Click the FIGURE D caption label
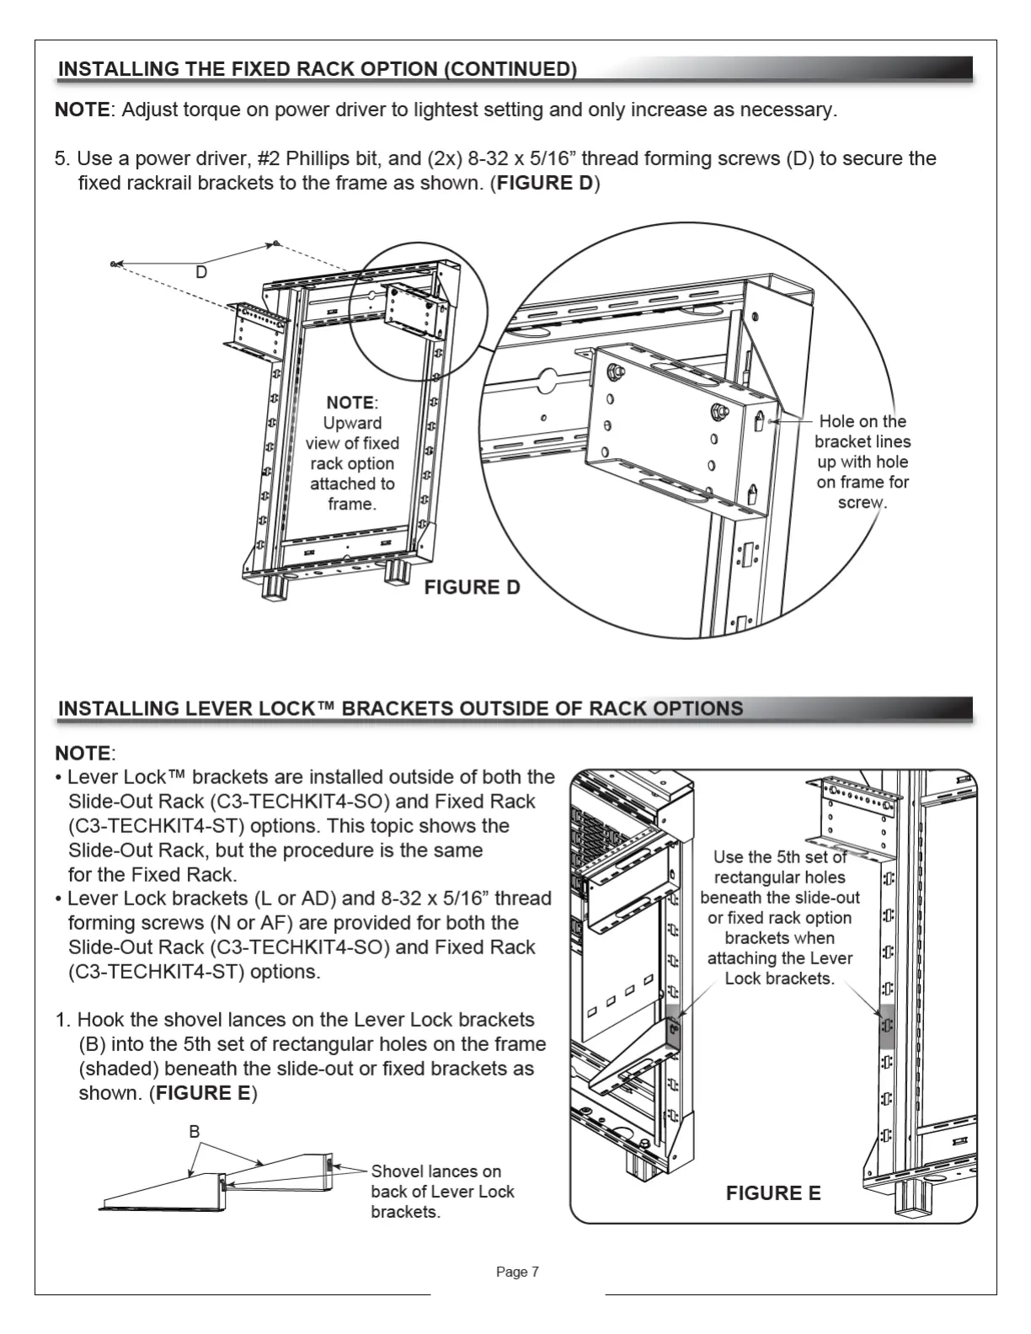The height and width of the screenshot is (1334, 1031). pyautogui.click(x=472, y=587)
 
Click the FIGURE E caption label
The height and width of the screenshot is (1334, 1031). pyautogui.click(x=772, y=1193)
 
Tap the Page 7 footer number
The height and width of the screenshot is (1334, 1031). pyautogui.click(x=517, y=1272)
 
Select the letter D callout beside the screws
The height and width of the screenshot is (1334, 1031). pyautogui.click(x=201, y=272)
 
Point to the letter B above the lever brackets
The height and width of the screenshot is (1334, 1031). pyautogui.click(x=195, y=1132)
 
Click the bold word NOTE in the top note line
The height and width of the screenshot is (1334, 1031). pyautogui.click(x=83, y=109)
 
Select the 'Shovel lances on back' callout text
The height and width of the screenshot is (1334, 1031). pyautogui.click(x=441, y=1191)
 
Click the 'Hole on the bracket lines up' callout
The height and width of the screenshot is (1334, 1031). pyautogui.click(x=863, y=462)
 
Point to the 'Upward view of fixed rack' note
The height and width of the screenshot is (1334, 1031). pyautogui.click(x=352, y=453)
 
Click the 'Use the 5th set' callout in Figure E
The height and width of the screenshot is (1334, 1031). pyautogui.click(x=779, y=917)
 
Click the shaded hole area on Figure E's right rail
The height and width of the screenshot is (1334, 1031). pyautogui.click(x=886, y=1026)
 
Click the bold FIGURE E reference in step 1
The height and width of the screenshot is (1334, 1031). pyautogui.click(x=202, y=1093)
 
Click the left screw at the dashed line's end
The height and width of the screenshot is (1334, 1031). pyautogui.click(x=113, y=264)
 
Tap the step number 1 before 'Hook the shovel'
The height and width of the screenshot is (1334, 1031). pyautogui.click(x=61, y=1020)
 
